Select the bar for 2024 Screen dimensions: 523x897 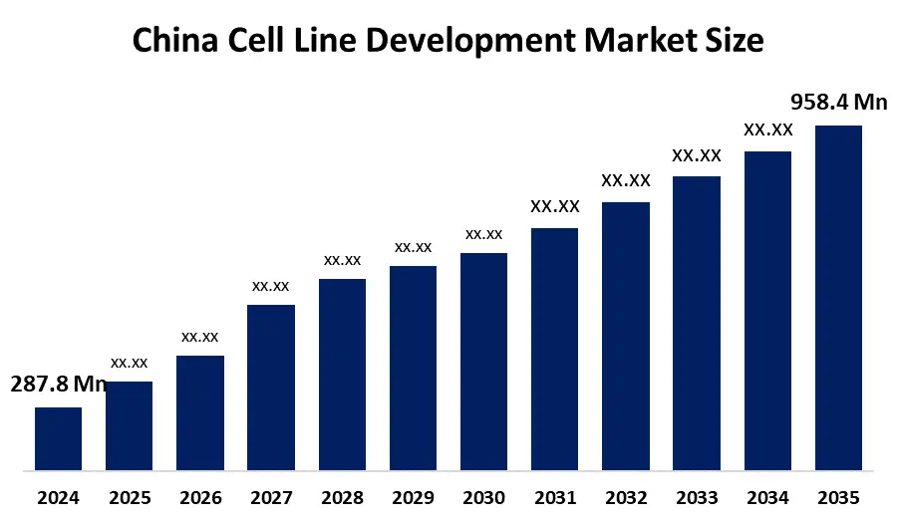(x=58, y=438)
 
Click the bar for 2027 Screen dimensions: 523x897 (x=271, y=387)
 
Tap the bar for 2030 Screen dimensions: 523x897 (x=483, y=361)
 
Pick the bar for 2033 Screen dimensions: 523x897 (x=697, y=323)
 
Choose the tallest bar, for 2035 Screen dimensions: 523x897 (x=838, y=297)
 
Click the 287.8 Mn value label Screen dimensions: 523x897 (x=58, y=385)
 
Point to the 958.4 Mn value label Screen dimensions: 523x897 (x=838, y=102)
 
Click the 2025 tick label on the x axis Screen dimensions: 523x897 (x=129, y=497)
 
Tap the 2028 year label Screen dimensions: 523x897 (x=342, y=497)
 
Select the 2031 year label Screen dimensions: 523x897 (x=555, y=497)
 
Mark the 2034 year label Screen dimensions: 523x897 (x=767, y=497)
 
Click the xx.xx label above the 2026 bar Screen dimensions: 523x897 (x=199, y=337)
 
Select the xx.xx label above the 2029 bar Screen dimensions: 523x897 (x=413, y=247)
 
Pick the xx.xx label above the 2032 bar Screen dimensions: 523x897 (x=626, y=181)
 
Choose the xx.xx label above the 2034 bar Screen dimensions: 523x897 (x=767, y=130)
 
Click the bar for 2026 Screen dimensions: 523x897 (x=199, y=412)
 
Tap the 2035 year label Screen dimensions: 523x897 (x=838, y=497)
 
